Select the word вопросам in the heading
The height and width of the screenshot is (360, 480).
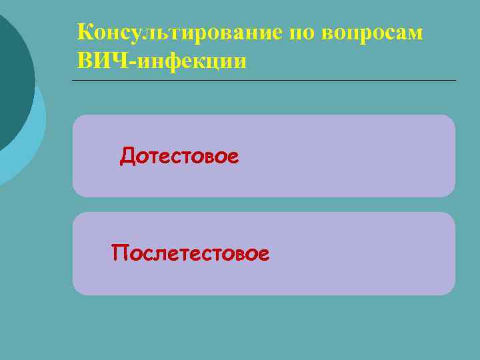(x=374, y=33)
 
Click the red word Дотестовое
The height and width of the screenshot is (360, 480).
(x=179, y=157)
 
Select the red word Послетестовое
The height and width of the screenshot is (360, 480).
(x=191, y=253)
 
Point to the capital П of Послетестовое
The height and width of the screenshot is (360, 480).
(x=120, y=253)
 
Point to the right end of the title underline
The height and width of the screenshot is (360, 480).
(x=456, y=81)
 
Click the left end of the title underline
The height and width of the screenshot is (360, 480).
(x=73, y=81)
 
